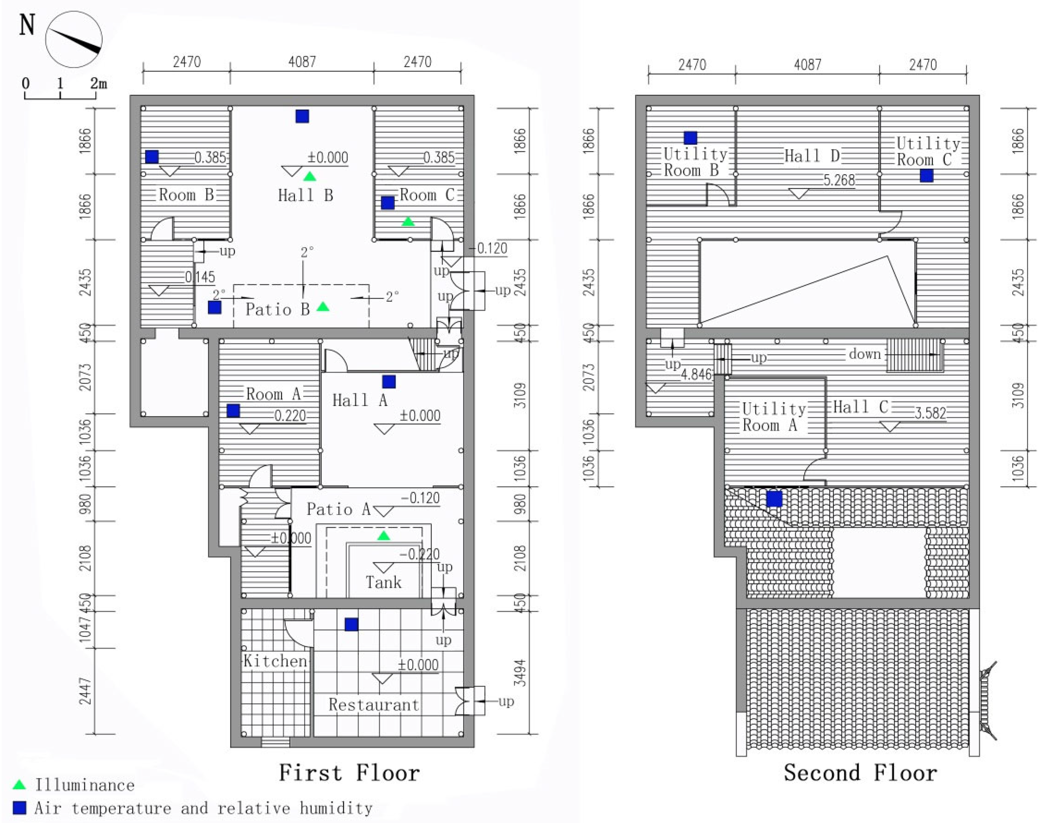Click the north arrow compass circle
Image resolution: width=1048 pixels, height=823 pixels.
click(x=74, y=39)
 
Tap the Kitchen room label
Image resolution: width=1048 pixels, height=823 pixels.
click(x=275, y=661)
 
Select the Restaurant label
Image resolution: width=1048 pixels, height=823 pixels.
click(x=374, y=705)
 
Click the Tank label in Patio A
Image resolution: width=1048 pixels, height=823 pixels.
click(x=383, y=582)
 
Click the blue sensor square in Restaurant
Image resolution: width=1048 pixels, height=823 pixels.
click(x=351, y=625)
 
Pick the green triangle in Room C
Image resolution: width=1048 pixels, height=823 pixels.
click(x=408, y=222)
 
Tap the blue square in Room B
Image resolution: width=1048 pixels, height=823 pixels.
click(x=152, y=157)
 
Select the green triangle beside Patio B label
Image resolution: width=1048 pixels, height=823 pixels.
click(x=323, y=306)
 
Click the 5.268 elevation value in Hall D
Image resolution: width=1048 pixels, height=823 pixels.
click(x=839, y=180)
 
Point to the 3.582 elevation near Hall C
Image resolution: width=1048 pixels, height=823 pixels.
click(x=931, y=413)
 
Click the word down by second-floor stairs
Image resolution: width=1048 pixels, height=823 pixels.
click(x=865, y=354)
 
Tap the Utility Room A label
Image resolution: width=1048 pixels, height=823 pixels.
click(x=773, y=417)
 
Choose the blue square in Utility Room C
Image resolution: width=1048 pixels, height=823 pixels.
click(x=926, y=176)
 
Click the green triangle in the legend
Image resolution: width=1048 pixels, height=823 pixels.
click(x=19, y=785)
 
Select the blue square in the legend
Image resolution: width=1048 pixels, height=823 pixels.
click(x=19, y=807)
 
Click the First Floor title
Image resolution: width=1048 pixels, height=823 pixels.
click(x=349, y=773)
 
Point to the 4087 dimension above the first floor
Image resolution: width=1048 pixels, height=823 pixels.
click(x=302, y=62)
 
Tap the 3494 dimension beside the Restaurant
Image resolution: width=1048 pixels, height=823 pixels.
click(x=519, y=673)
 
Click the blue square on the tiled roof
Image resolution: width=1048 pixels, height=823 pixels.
click(x=774, y=499)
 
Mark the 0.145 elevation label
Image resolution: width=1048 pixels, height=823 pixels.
click(x=200, y=277)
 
